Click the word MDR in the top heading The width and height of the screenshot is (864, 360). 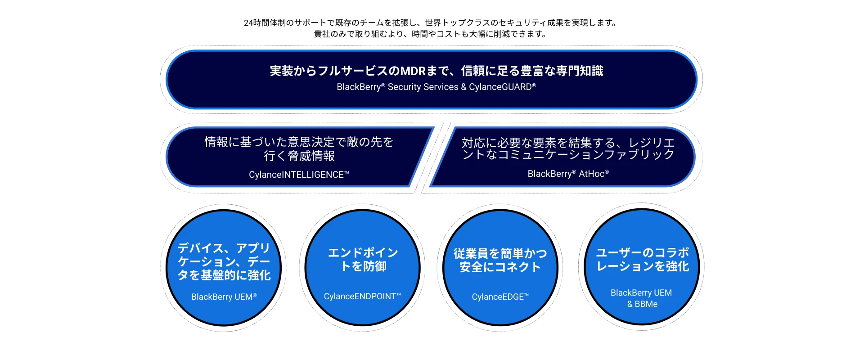pos(413,71)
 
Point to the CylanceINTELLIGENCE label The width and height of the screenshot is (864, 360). pos(299,175)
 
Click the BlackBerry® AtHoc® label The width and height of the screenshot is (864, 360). pos(568,174)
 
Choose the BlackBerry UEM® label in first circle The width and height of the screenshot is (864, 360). pos(224,297)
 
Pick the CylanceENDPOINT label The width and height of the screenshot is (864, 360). pos(362,297)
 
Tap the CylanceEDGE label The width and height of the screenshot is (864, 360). pos(500,297)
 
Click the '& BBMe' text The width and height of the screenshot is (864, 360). pos(642,304)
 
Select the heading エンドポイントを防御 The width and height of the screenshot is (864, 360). pos(363,260)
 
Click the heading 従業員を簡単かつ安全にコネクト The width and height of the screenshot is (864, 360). pos(500,260)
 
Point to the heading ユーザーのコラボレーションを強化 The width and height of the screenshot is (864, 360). pos(642,260)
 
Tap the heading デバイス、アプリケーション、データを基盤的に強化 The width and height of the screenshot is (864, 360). pos(224,261)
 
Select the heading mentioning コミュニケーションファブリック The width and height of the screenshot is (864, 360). pos(568,149)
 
